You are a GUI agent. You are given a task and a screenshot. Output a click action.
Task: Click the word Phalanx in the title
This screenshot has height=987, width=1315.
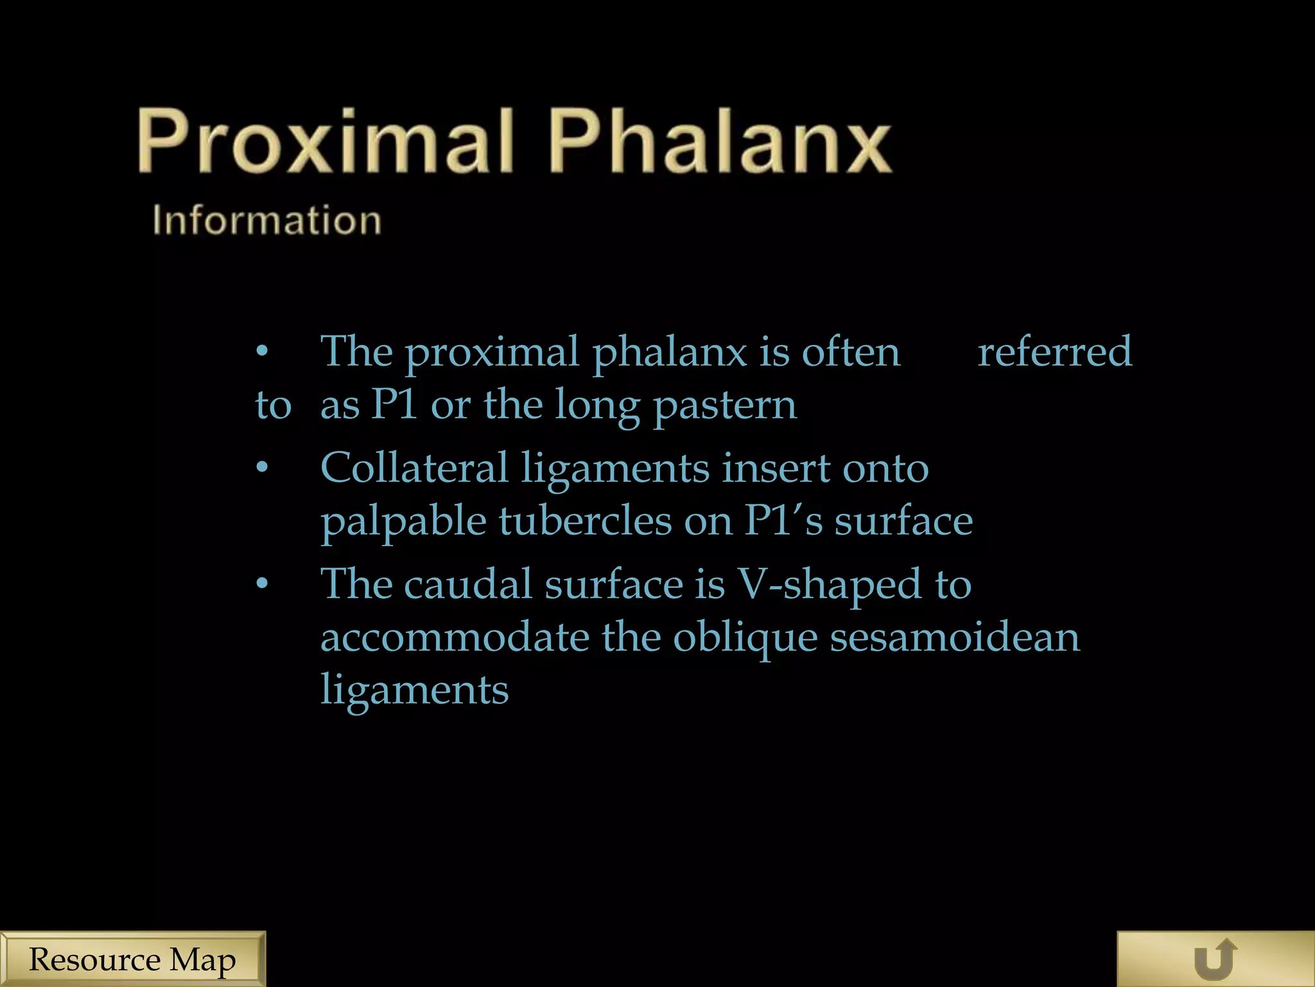(720, 141)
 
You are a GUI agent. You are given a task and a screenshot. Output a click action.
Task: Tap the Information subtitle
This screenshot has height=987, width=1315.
(266, 220)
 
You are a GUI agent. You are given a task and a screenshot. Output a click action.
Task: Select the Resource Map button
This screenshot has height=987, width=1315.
(132, 959)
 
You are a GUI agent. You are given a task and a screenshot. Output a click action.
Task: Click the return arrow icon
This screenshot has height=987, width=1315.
(1215, 959)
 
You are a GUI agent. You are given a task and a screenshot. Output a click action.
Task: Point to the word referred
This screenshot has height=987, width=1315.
(1054, 351)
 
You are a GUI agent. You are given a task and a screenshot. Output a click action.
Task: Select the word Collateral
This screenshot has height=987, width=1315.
(414, 467)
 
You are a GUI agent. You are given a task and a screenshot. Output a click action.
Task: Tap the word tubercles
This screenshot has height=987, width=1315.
(585, 520)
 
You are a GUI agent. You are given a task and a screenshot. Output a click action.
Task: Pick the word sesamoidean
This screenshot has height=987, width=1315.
(955, 637)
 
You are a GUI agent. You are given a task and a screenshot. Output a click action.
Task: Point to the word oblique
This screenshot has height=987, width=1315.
(745, 639)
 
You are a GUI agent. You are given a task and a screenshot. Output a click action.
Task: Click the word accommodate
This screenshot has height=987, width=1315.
(455, 637)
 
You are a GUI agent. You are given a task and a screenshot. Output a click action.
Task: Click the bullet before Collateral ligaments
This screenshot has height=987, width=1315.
(262, 467)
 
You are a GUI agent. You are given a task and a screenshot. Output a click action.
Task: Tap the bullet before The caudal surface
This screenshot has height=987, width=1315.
(262, 583)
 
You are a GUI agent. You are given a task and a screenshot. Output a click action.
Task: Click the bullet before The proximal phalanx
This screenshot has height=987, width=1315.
(262, 351)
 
